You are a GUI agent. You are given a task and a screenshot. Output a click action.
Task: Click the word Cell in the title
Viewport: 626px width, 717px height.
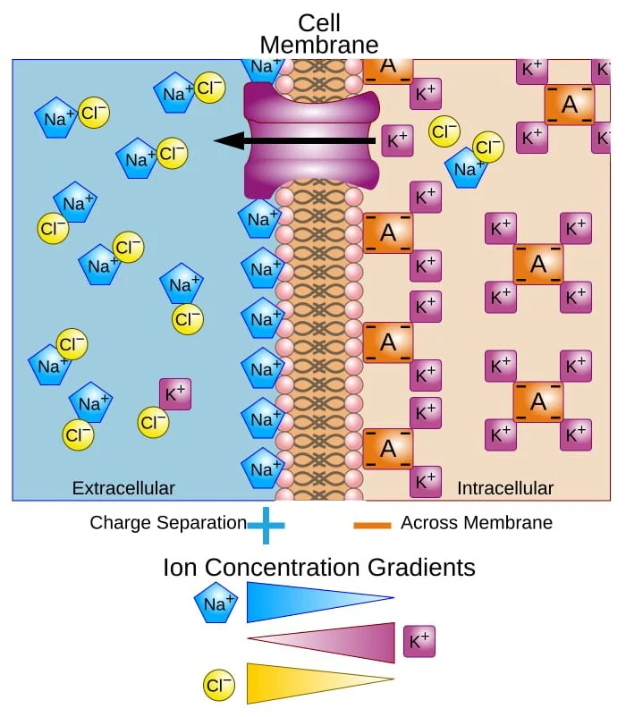tap(319, 22)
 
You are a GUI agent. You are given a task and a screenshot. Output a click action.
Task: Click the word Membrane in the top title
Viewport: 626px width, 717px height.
tap(319, 45)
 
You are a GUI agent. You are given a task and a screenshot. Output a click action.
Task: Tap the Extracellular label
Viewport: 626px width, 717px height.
tap(123, 488)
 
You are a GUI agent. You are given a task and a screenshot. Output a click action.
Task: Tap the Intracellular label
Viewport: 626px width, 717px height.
tap(505, 488)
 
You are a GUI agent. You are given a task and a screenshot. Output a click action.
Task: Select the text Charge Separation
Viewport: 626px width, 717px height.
tap(167, 523)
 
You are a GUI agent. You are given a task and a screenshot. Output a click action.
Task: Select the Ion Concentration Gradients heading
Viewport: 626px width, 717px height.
tap(319, 568)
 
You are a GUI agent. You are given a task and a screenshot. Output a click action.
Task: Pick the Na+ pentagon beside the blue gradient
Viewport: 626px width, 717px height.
tap(216, 604)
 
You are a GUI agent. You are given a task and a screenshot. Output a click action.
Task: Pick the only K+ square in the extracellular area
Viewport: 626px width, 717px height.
tap(175, 393)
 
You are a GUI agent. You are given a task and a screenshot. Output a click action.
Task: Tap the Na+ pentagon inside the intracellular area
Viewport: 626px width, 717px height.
tap(466, 168)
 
